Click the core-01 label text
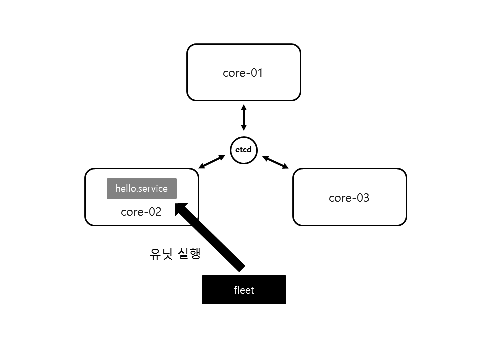pyautogui.click(x=243, y=73)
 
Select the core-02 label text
pyautogui.click(x=141, y=212)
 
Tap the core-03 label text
pyautogui.click(x=349, y=198)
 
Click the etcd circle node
pyautogui.click(x=244, y=150)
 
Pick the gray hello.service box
pyautogui.click(x=141, y=188)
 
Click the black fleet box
pyautogui.click(x=244, y=290)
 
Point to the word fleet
pyautogui.click(x=244, y=290)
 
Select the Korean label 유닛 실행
pyautogui.click(x=175, y=254)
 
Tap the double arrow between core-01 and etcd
pyautogui.click(x=244, y=118)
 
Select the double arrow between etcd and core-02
pyautogui.click(x=212, y=162)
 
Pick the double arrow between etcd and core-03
pyautogui.click(x=276, y=162)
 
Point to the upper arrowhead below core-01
pyautogui.click(x=244, y=108)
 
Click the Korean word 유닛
pyautogui.click(x=161, y=254)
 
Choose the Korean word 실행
pyautogui.click(x=189, y=254)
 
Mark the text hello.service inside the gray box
pyautogui.click(x=141, y=188)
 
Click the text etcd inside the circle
pyautogui.click(x=244, y=150)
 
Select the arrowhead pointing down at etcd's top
pyautogui.click(x=244, y=127)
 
